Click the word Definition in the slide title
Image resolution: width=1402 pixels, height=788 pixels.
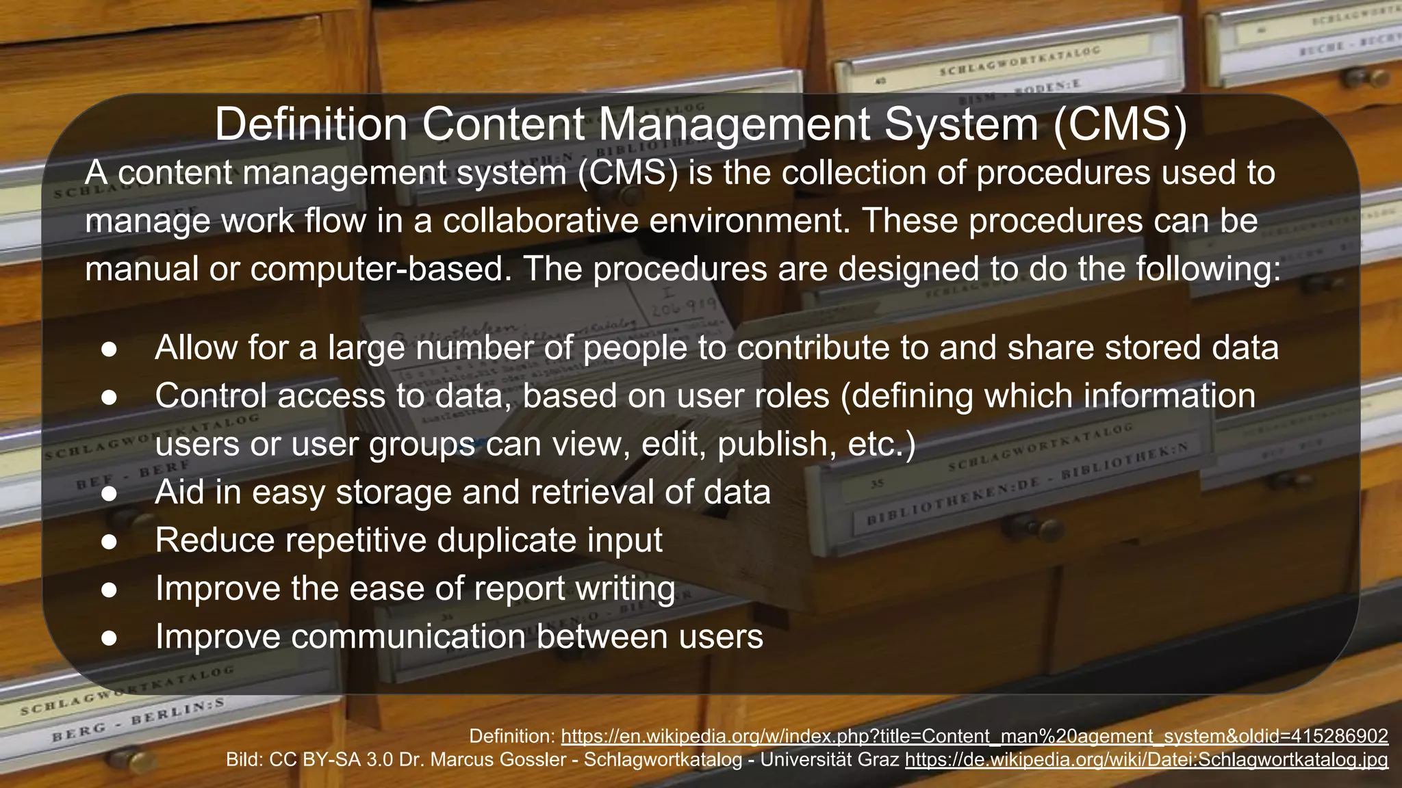pyautogui.click(x=311, y=124)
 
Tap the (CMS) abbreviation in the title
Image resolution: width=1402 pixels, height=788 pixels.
pyautogui.click(x=1119, y=124)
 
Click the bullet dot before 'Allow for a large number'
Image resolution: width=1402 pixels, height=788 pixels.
pyautogui.click(x=110, y=349)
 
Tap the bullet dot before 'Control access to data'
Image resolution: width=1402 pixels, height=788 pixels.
pyautogui.click(x=110, y=397)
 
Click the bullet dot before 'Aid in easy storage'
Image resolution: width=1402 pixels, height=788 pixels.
pyautogui.click(x=110, y=493)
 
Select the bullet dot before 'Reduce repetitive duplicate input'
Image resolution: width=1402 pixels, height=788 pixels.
pyautogui.click(x=110, y=541)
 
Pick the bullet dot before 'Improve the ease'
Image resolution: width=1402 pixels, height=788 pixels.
pyautogui.click(x=110, y=590)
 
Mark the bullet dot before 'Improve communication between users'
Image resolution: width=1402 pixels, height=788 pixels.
pyautogui.click(x=110, y=638)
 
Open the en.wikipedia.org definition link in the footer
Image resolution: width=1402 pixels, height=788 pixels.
pyautogui.click(x=974, y=736)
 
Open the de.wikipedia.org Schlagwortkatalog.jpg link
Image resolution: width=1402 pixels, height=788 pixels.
pyautogui.click(x=1146, y=759)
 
